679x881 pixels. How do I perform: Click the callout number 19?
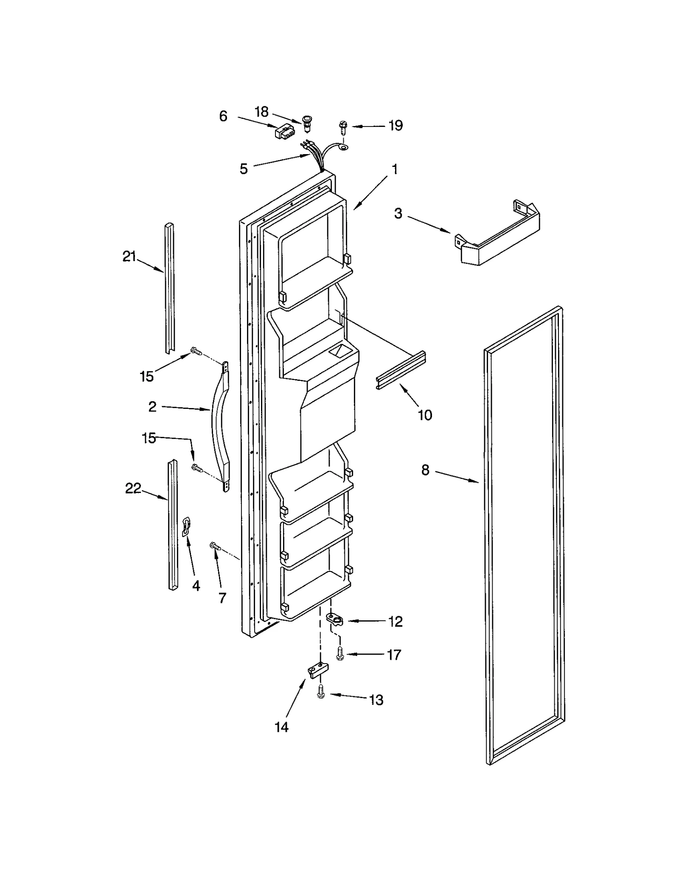395,126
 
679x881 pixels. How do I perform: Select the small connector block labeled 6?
284,132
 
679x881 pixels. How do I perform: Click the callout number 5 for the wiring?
243,169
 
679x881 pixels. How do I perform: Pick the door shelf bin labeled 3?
499,236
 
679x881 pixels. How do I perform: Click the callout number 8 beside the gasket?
425,470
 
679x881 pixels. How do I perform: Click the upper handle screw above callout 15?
196,351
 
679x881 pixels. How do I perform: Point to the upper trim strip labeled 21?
169,288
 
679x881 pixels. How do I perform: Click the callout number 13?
376,700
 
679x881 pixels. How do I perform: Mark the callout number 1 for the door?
395,169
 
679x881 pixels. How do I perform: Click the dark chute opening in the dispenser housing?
338,351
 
